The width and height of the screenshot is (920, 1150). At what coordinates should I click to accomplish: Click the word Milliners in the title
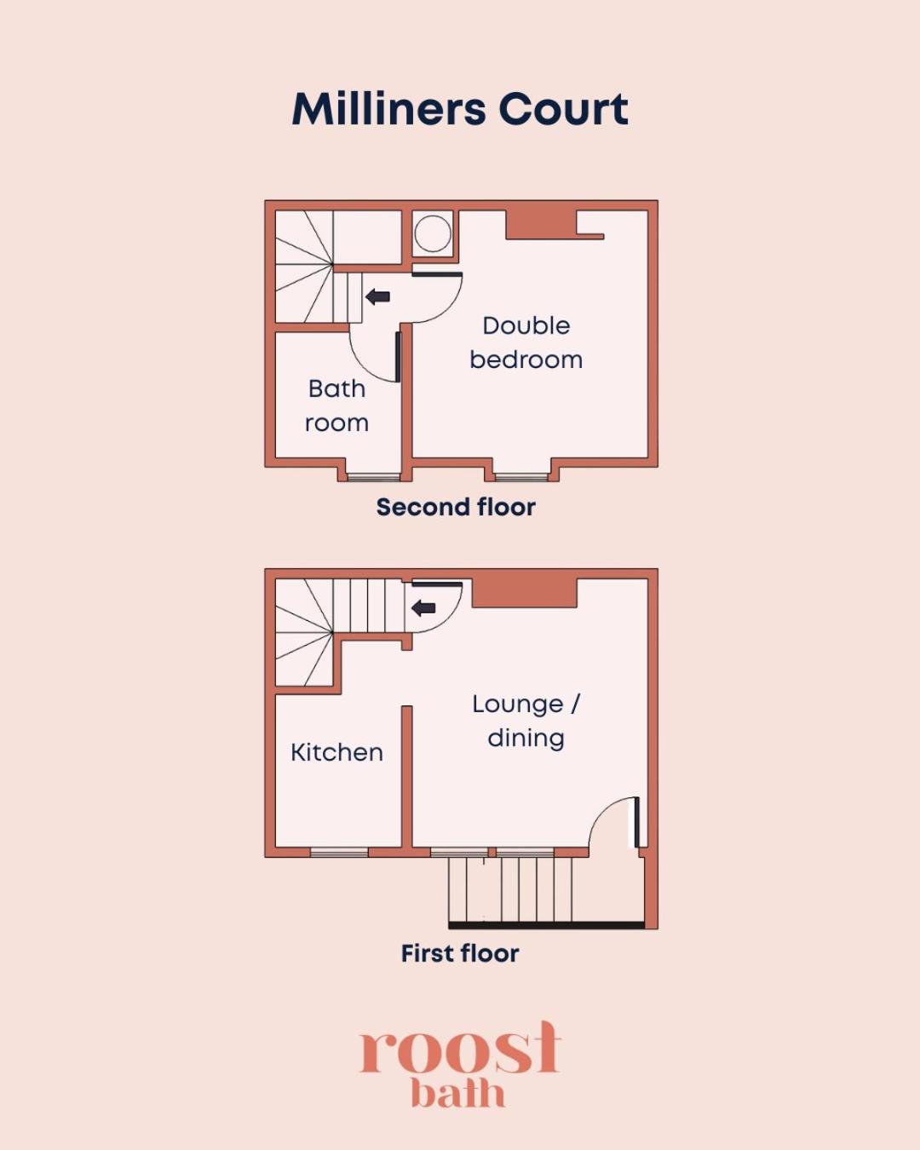click(389, 109)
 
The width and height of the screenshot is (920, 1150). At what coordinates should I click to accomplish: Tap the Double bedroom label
click(526, 342)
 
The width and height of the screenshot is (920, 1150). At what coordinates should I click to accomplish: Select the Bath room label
click(336, 405)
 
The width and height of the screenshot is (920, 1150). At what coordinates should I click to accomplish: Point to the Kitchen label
click(336, 752)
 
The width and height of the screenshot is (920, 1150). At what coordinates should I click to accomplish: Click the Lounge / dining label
click(526, 721)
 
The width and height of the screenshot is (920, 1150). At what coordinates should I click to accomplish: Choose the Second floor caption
click(456, 507)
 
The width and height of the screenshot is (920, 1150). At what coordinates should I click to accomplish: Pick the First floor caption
click(460, 953)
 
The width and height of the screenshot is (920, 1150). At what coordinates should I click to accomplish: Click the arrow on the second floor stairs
click(377, 296)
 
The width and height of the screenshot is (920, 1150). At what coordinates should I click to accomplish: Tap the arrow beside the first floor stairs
click(423, 607)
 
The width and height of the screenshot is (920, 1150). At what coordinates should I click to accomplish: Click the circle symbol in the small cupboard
click(433, 234)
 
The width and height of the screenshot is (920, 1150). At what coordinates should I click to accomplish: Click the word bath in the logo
click(458, 1094)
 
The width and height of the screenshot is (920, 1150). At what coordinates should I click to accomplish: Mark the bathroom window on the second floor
click(374, 475)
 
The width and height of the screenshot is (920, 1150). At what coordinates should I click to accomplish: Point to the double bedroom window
click(521, 475)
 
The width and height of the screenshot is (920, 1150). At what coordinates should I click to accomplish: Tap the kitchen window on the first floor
click(339, 852)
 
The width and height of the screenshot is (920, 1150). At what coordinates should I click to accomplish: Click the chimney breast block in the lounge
click(525, 593)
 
